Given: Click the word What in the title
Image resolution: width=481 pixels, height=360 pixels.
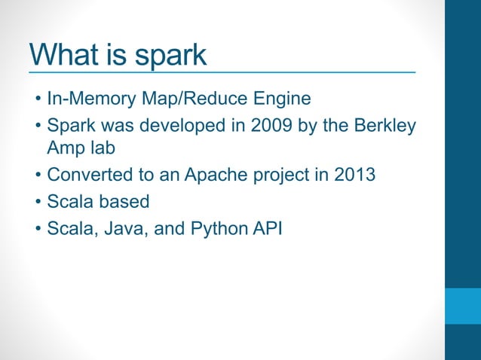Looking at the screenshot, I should (x=66, y=55).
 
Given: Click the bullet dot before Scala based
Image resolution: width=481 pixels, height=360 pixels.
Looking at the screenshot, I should (x=37, y=202).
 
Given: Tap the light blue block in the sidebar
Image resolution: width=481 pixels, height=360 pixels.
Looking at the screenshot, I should (x=462, y=305).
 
